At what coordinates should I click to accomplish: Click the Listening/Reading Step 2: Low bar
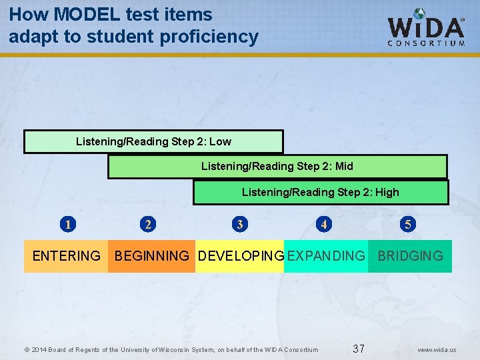point(153,141)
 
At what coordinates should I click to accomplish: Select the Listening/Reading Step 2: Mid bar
point(277,166)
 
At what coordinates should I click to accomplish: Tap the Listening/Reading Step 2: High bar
point(321,192)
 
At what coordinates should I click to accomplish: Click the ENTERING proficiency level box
point(66,256)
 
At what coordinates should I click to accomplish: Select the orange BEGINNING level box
point(152,256)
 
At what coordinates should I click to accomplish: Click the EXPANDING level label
point(326,256)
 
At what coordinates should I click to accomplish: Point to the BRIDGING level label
point(410,256)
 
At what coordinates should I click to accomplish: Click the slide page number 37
point(359,348)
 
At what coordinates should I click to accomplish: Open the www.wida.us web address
point(437,349)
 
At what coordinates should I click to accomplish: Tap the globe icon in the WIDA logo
point(419,15)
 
